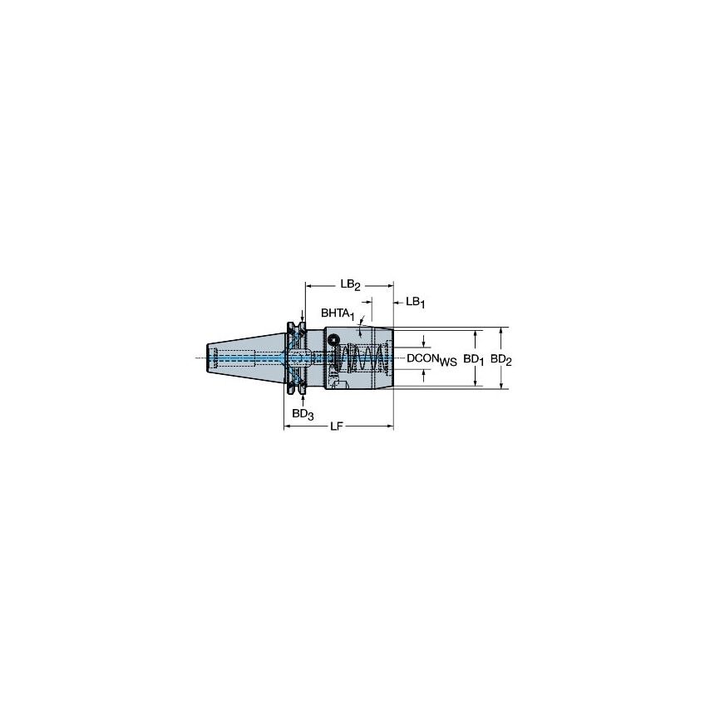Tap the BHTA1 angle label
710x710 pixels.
pos(338,315)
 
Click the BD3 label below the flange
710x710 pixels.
pos(302,413)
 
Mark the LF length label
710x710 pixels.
pos(336,426)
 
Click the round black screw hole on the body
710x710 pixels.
pos(333,340)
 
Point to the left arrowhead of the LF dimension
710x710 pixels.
pos(288,426)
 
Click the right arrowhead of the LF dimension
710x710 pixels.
pos(389,426)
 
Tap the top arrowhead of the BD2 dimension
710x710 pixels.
pos(501,330)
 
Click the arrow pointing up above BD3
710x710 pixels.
pos(300,397)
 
